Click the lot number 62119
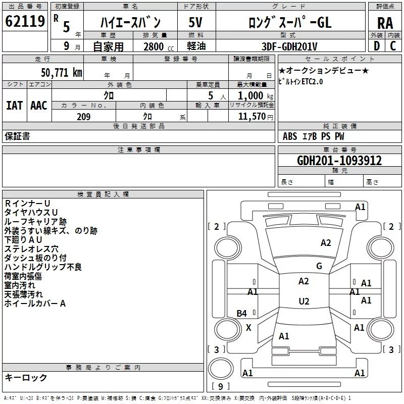tap(25, 21)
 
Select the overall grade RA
tap(385, 23)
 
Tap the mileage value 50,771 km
tap(62, 73)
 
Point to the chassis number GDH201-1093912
tap(339, 161)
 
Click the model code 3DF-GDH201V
tap(289, 46)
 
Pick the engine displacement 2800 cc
tap(159, 46)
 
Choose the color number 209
tap(84, 117)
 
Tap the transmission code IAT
tap(14, 106)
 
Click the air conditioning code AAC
tap(39, 106)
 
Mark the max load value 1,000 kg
tap(256, 96)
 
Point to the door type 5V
tap(195, 22)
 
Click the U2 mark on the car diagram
tap(304, 301)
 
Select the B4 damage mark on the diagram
tap(242, 313)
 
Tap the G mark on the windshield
tap(319, 266)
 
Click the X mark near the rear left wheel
tap(248, 328)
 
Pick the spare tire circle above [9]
tap(221, 369)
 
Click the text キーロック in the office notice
tap(26, 377)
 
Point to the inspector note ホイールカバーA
tap(35, 304)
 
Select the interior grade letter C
tap(393, 46)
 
